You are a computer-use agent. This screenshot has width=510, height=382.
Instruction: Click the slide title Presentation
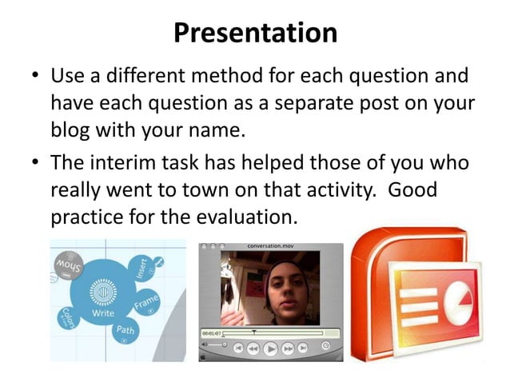point(255,32)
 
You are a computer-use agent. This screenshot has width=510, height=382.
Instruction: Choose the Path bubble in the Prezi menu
point(126,330)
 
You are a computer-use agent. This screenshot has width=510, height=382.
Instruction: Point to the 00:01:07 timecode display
point(210,332)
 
